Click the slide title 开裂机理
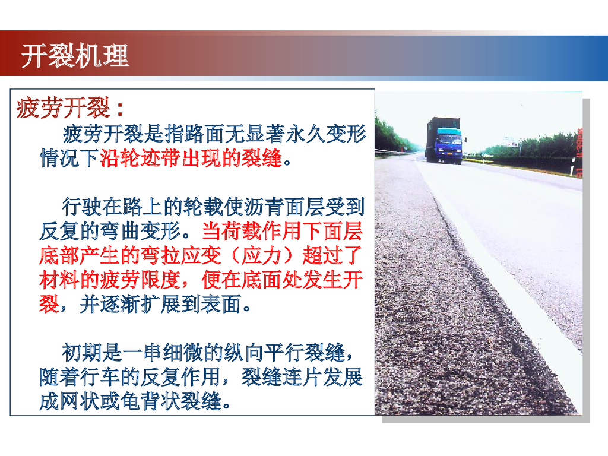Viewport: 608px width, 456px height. coord(75,56)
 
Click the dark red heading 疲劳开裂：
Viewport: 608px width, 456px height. coord(71,107)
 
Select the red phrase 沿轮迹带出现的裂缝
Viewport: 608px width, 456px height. coord(191,158)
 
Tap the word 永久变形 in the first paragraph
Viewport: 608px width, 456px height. coord(326,134)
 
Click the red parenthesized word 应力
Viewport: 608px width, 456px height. coord(261,255)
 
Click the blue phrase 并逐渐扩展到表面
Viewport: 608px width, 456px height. coord(160,303)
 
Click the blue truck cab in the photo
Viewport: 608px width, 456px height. coord(449,144)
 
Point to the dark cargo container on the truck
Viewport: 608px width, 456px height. coord(442,136)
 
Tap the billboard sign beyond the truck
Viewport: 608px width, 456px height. coord(512,142)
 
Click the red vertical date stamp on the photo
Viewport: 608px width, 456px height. coord(579,153)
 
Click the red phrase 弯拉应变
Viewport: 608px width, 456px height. coord(180,255)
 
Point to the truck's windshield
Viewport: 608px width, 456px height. coord(450,139)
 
